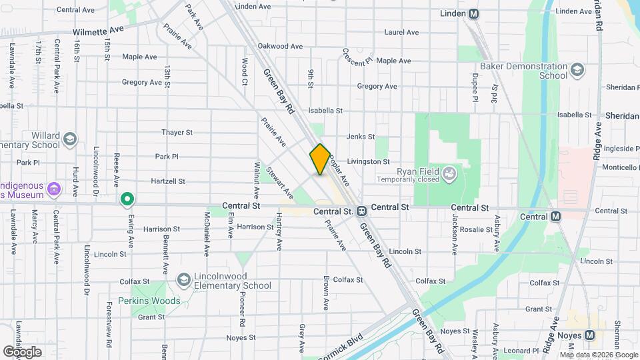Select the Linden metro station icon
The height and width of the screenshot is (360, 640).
pyautogui.click(x=473, y=14)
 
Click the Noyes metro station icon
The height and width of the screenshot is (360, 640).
pyautogui.click(x=589, y=335)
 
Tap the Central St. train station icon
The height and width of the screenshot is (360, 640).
pyautogui.click(x=361, y=211)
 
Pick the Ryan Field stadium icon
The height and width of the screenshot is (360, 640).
pyautogui.click(x=450, y=175)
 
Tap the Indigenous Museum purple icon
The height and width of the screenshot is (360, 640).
pyautogui.click(x=55, y=191)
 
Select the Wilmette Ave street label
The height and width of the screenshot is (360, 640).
pyautogui.click(x=99, y=31)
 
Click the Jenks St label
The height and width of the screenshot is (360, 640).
pyautogui.click(x=361, y=137)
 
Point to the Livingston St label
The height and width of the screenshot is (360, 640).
pyautogui.click(x=368, y=161)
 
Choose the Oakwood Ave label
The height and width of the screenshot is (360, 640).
pyautogui.click(x=280, y=46)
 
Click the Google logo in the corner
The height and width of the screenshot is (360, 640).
pyautogui.click(x=22, y=351)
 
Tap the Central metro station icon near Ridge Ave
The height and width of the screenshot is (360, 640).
pyautogui.click(x=555, y=216)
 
